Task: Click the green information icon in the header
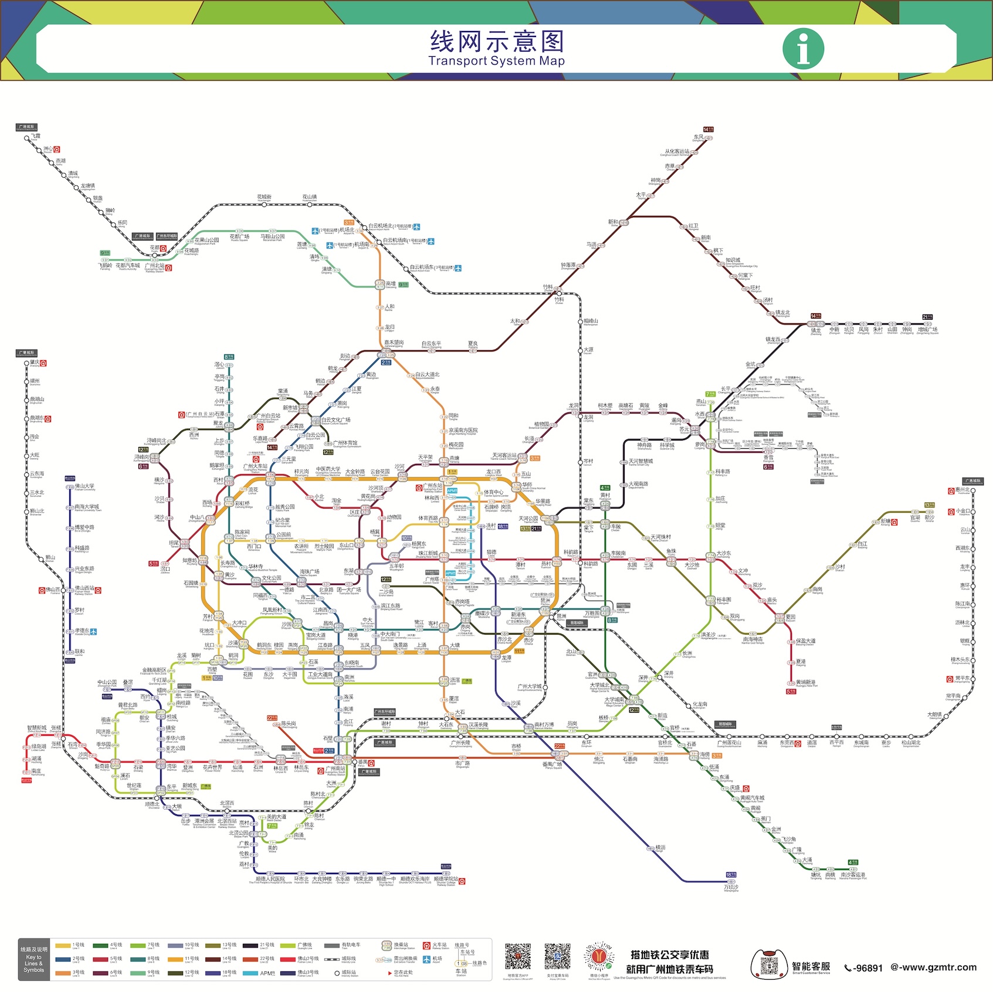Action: pyautogui.click(x=803, y=48)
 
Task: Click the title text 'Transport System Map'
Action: pyautogui.click(x=496, y=61)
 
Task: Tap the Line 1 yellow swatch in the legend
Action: pyautogui.click(x=63, y=946)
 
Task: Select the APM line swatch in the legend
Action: pyautogui.click(x=250, y=973)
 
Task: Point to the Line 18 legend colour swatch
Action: pyautogui.click(x=213, y=973)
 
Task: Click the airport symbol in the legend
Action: pyautogui.click(x=426, y=960)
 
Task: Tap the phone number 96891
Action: pyautogui.click(x=863, y=968)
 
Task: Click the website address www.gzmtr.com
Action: pyautogui.click(x=934, y=967)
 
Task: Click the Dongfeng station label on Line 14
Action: pyautogui.click(x=698, y=138)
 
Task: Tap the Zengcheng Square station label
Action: pyautogui.click(x=927, y=330)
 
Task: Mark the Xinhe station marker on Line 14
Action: pyautogui.click(x=624, y=223)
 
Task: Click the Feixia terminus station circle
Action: pyautogui.click(x=27, y=138)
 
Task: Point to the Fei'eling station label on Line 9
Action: pyautogui.click(x=105, y=266)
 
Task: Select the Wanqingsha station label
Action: pyautogui.click(x=731, y=888)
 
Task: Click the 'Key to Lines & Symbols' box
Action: pyautogui.click(x=34, y=960)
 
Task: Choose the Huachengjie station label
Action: pyautogui.click(x=264, y=198)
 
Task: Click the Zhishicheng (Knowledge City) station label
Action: pyautogui.click(x=733, y=260)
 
